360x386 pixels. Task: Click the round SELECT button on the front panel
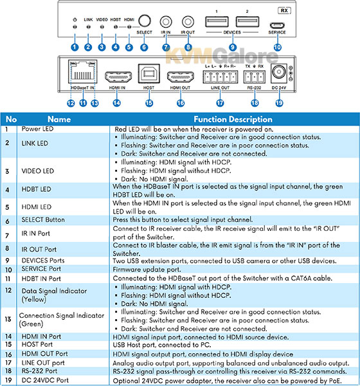(x=144, y=21)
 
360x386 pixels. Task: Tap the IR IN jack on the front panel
(x=166, y=22)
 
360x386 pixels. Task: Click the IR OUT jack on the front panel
(x=188, y=22)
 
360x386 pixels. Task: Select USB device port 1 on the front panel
(x=217, y=22)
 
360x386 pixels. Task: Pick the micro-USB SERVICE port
(x=277, y=25)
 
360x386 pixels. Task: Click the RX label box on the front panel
(x=284, y=10)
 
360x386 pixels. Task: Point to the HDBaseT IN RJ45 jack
(x=83, y=71)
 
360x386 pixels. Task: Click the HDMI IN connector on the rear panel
(x=118, y=77)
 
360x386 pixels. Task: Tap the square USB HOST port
(x=149, y=73)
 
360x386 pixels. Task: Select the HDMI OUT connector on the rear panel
(x=181, y=77)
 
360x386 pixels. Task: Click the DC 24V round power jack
(x=279, y=73)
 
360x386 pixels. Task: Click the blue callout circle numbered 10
(x=277, y=47)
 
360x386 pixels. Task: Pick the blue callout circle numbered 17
(x=220, y=103)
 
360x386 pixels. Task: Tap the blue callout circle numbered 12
(x=71, y=103)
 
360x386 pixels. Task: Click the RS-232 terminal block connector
(x=255, y=77)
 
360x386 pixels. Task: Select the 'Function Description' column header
(x=233, y=120)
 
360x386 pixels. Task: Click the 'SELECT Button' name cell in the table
(x=43, y=219)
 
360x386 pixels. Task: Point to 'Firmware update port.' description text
(x=147, y=270)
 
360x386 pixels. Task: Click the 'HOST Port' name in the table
(x=37, y=344)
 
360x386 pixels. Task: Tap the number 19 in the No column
(x=8, y=380)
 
